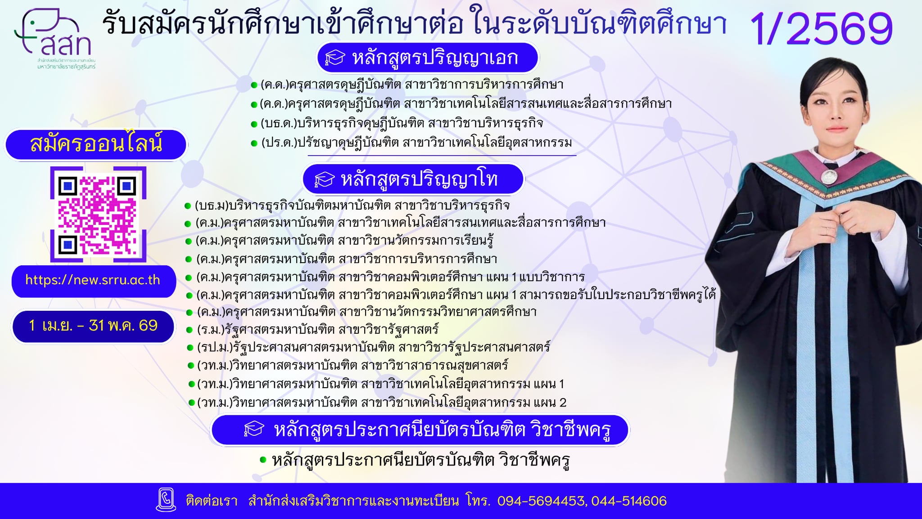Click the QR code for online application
[x=98, y=215]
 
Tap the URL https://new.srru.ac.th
[x=93, y=280]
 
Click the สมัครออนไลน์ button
[x=96, y=144]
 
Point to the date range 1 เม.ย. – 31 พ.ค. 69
[x=93, y=326]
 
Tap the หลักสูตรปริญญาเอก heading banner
[x=428, y=58]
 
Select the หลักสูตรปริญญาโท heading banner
[x=413, y=179]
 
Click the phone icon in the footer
[x=166, y=500]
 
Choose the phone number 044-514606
[x=629, y=501]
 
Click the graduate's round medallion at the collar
[x=827, y=176]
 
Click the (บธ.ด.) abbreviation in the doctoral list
[x=279, y=123]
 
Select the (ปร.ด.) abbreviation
[x=279, y=143]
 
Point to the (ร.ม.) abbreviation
[x=210, y=330]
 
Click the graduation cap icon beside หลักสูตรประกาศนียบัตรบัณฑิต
[x=254, y=430]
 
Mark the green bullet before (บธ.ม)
[x=188, y=206]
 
